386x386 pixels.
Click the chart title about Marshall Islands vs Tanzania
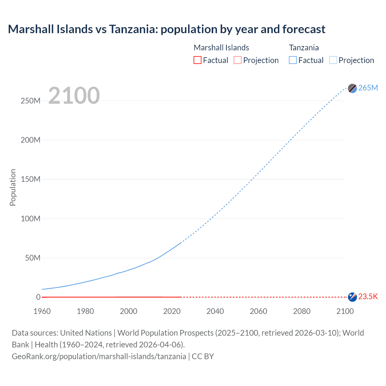[x=166, y=29]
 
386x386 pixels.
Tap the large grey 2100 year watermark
[x=74, y=96]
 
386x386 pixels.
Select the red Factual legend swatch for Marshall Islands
[x=197, y=60]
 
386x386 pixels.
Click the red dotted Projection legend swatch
[x=238, y=60]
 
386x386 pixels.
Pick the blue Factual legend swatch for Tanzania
[x=293, y=60]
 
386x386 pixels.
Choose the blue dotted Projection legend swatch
[x=333, y=60]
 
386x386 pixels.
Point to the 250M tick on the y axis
[x=30, y=101]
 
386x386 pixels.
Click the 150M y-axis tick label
[x=30, y=179]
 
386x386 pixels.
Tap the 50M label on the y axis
[x=33, y=258]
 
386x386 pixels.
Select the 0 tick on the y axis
[x=38, y=297]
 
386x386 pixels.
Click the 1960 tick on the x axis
[x=42, y=311]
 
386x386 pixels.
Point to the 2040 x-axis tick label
[x=215, y=311]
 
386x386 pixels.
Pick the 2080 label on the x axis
[x=302, y=311]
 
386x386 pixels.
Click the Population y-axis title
[x=13, y=187]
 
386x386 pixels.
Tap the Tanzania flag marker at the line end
[x=352, y=88]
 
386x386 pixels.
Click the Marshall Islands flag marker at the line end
[x=352, y=297]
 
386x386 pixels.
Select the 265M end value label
[x=368, y=88]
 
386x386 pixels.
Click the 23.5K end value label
[x=368, y=297]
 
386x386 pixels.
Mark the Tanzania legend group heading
[x=304, y=48]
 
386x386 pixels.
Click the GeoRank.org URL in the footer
[x=99, y=356]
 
